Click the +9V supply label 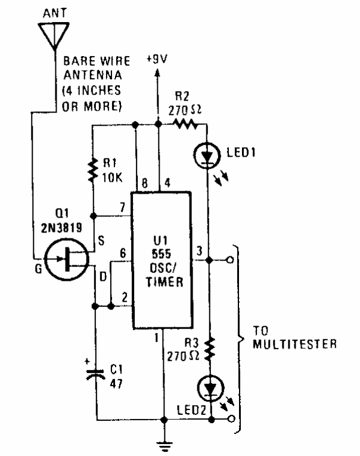[x=157, y=60]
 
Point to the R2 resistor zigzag [x=185, y=124]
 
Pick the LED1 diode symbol [x=207, y=155]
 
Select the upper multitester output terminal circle [x=231, y=260]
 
